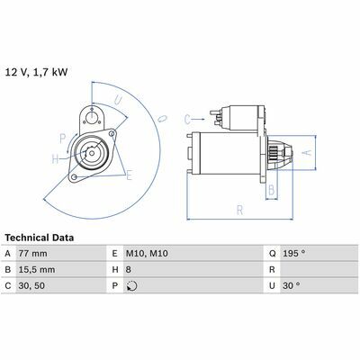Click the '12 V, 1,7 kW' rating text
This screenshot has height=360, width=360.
pos(36,73)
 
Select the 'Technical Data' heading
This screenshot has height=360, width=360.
pos(40,238)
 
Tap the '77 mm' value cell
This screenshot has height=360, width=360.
pos(61,254)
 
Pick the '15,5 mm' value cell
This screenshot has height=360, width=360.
pos(61,269)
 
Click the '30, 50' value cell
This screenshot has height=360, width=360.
pos(61,285)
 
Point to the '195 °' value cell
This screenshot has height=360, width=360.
pos(319,254)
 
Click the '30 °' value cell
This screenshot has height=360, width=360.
pos(319,285)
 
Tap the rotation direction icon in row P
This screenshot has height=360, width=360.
pos(132,286)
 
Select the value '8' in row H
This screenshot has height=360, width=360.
pos(129,270)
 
